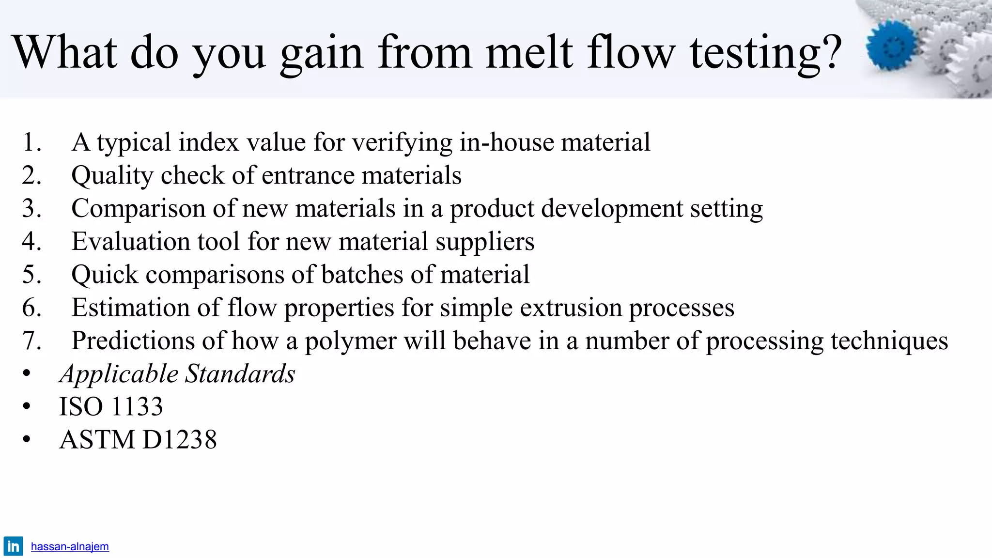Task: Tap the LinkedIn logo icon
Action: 13,546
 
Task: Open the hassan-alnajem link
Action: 70,546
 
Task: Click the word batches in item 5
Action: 362,275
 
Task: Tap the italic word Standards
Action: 240,374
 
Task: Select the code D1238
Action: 179,440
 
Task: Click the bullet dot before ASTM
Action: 26,440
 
